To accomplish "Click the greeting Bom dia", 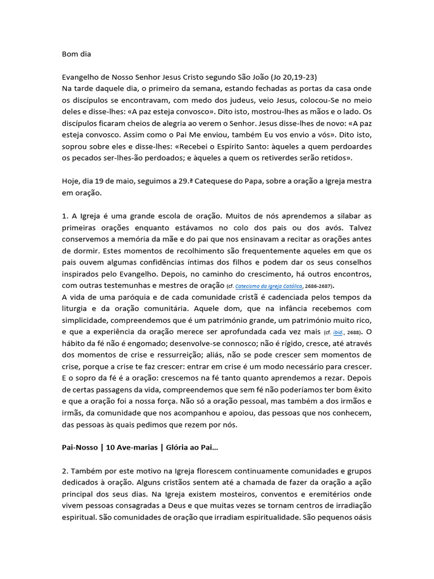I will coord(76,55).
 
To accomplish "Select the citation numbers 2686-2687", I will coord(320,286).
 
